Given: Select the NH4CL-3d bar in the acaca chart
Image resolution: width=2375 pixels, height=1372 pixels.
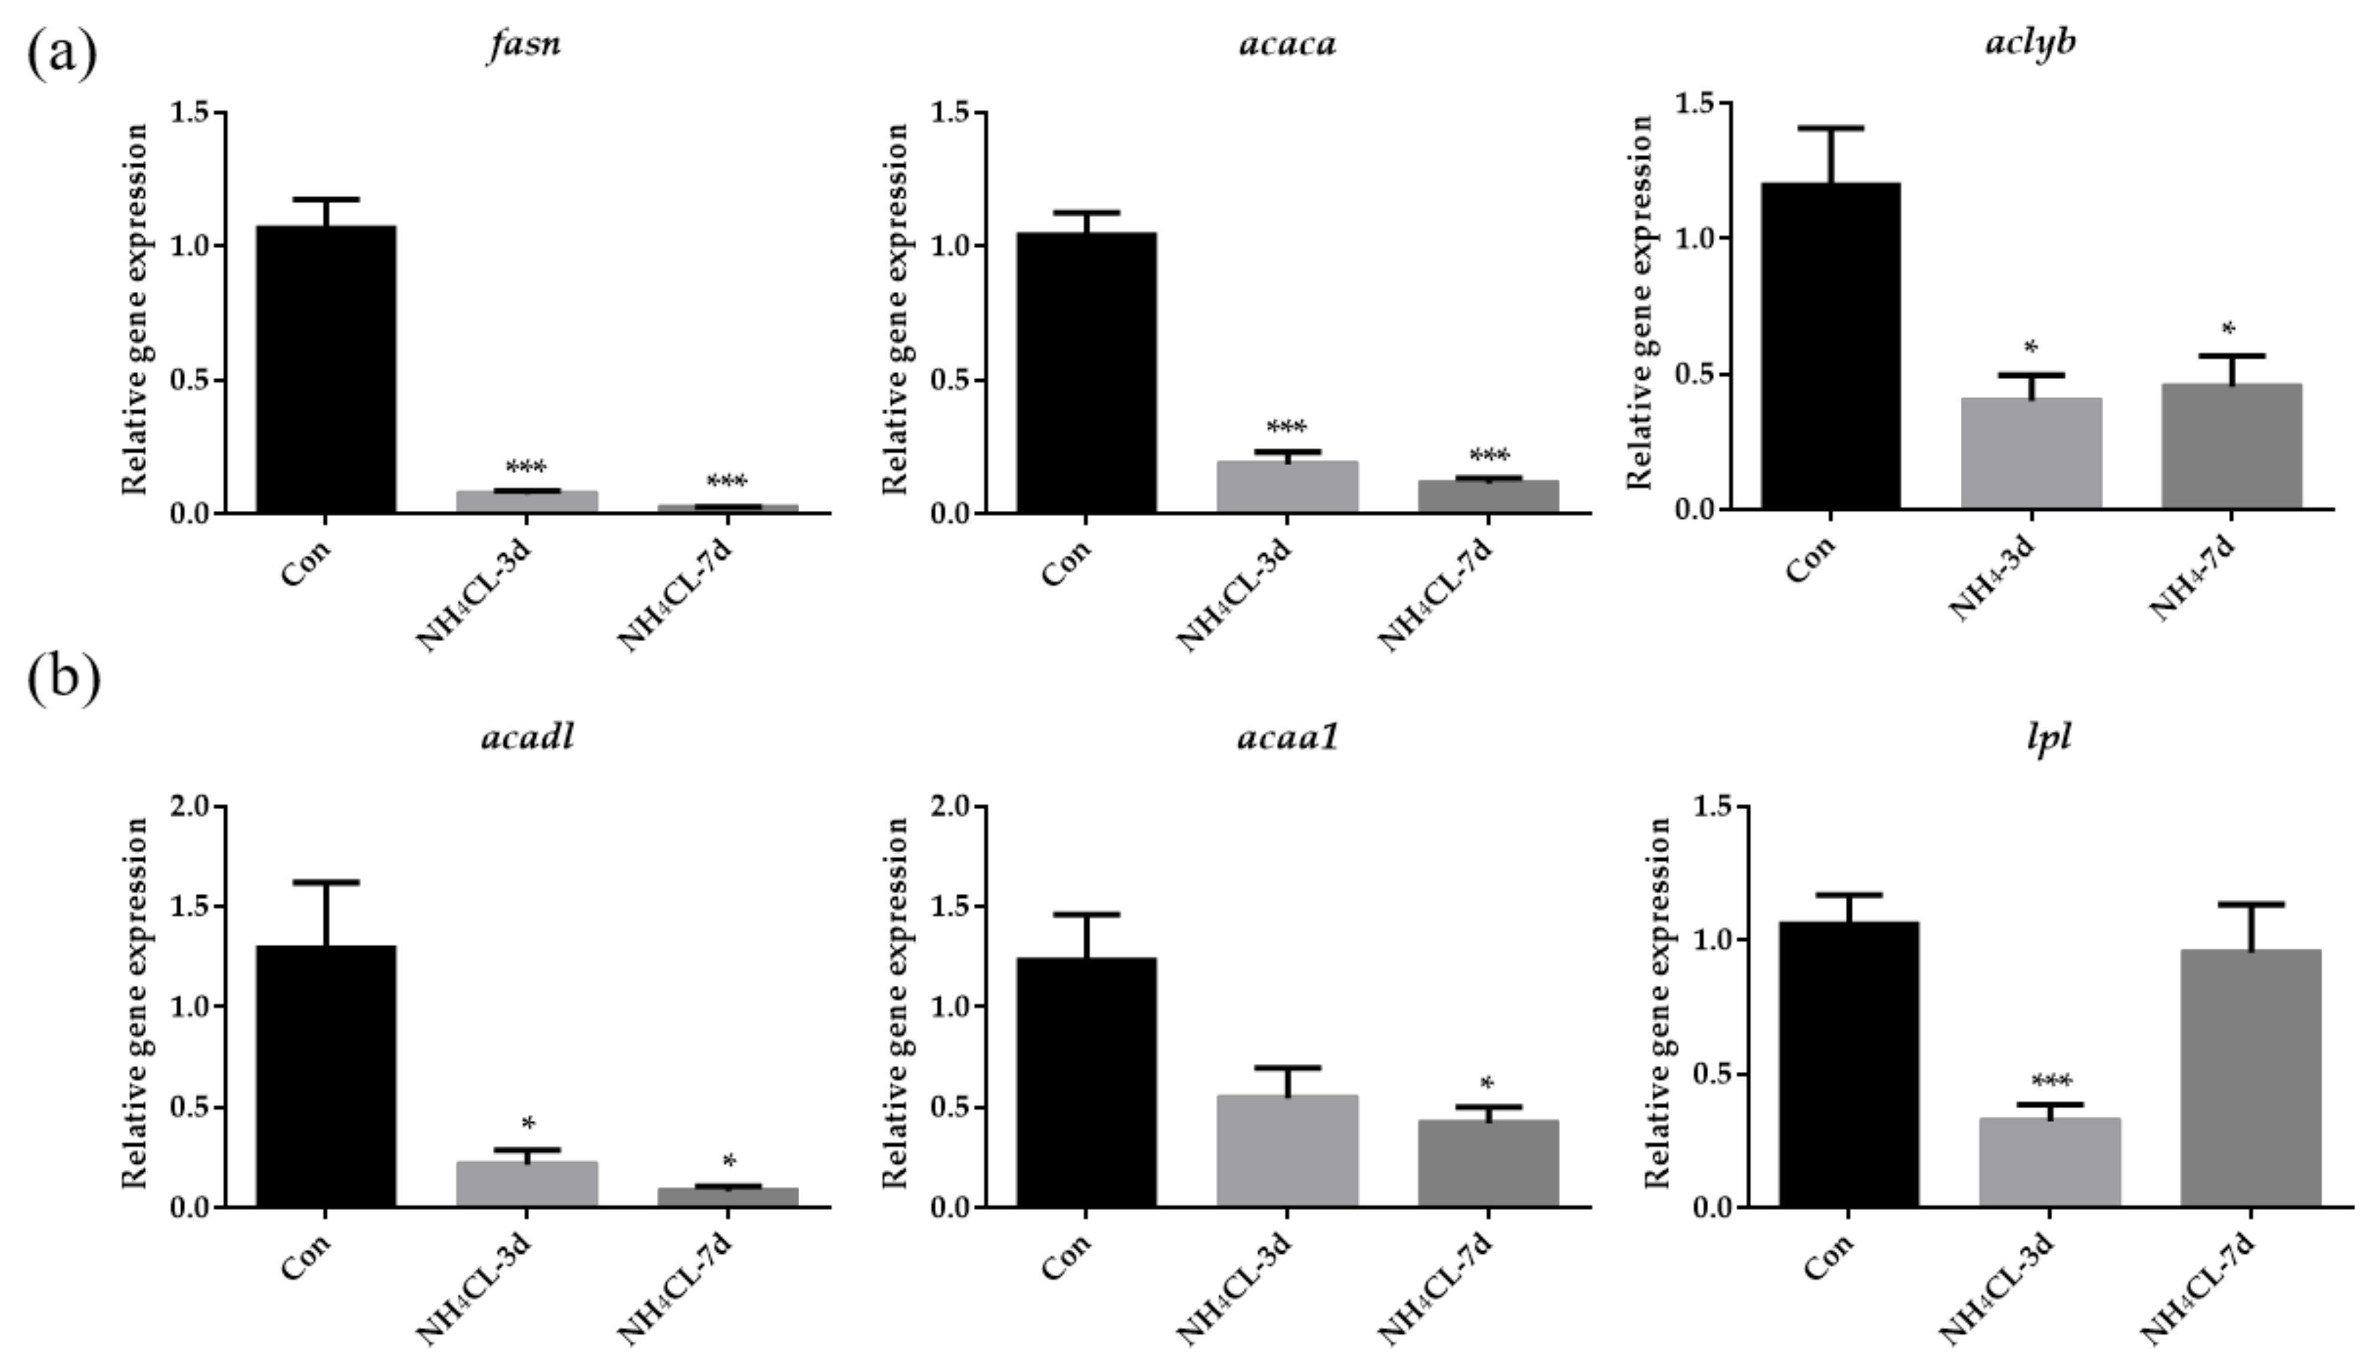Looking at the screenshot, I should click(x=1287, y=487).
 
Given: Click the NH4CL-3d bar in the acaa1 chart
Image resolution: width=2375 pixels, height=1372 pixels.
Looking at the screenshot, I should click(x=1287, y=1151).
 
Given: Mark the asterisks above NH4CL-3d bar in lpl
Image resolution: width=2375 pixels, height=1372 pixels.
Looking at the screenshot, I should click(x=2051, y=1081).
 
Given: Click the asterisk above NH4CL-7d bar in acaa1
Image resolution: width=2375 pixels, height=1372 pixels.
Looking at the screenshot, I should click(x=1487, y=1084).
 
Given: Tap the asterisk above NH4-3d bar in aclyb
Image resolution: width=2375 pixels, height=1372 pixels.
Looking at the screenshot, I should click(x=2031, y=347).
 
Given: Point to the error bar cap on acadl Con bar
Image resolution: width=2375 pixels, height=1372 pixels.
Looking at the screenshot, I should click(x=326, y=882).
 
